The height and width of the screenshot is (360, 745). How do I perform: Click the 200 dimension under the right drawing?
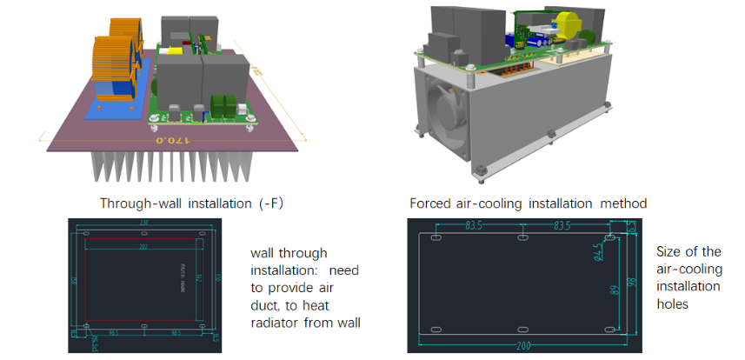tap(522, 345)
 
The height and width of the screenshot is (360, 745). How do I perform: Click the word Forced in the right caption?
tap(431, 204)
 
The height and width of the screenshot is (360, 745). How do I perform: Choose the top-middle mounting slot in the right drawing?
tap(522, 237)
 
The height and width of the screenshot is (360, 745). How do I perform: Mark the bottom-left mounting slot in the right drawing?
tap(437, 330)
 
